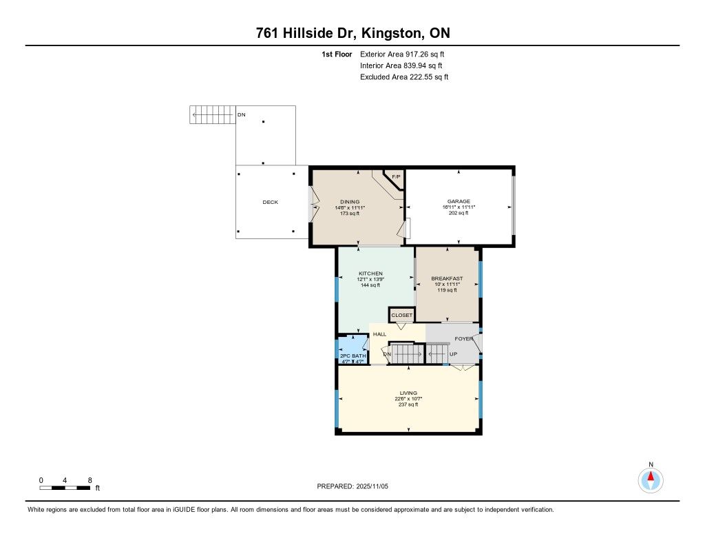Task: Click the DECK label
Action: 270,202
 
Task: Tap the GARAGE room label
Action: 459,201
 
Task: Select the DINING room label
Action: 350,202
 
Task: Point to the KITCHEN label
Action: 370,273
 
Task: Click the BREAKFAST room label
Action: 447,278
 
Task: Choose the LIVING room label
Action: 408,393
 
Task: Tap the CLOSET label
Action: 401,315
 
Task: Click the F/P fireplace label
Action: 396,177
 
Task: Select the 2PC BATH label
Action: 353,356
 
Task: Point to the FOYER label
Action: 463,339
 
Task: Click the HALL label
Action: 379,334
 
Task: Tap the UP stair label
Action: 453,354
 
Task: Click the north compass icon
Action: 651,480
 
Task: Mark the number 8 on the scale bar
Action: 90,480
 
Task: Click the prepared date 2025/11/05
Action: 372,486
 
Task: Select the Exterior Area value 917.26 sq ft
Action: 425,54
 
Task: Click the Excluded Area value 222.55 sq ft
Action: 429,76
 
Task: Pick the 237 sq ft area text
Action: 408,404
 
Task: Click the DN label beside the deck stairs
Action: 242,115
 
